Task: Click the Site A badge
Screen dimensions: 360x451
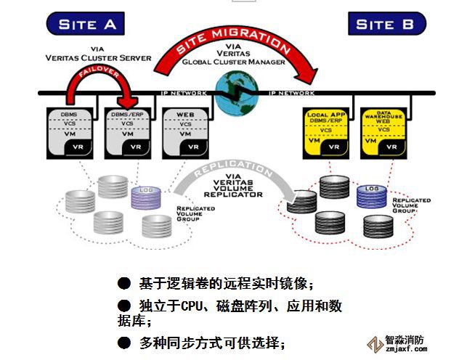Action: (87, 24)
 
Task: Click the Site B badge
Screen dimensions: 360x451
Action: (386, 24)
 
